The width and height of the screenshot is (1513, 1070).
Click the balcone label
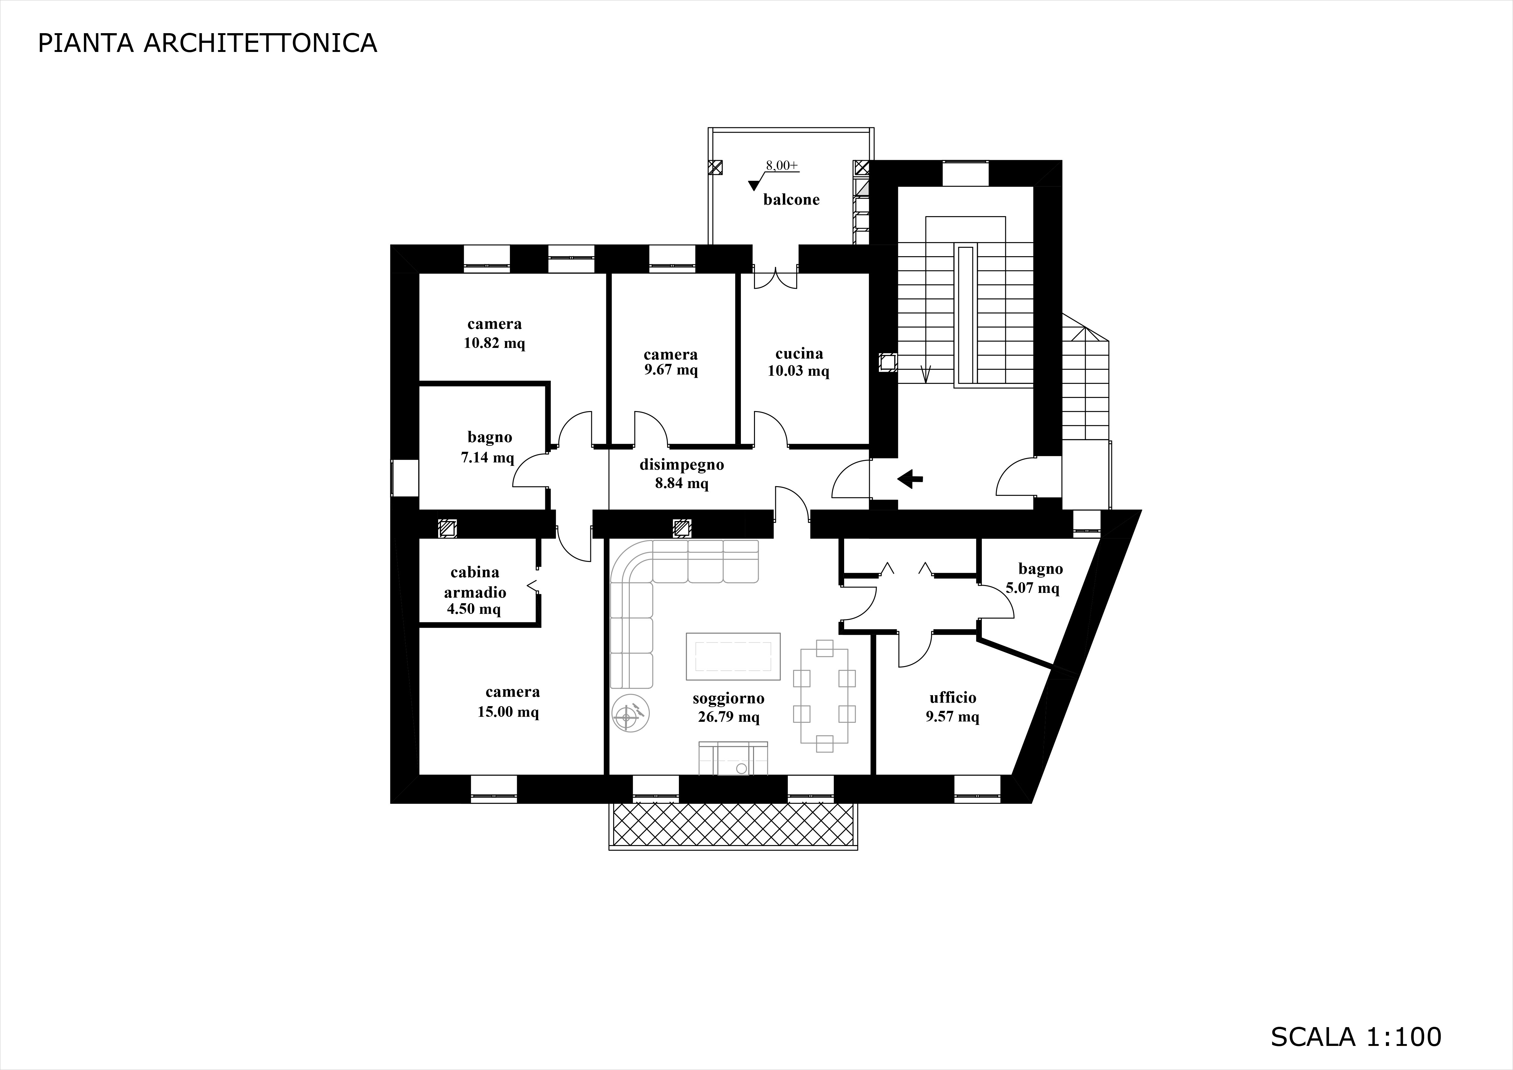792,200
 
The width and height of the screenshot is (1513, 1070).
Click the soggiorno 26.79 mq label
729,708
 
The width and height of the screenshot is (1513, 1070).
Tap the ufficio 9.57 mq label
953,707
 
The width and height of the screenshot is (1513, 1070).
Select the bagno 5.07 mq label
1034,578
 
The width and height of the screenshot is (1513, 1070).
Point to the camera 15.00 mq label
509,702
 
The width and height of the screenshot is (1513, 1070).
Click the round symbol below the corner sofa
631,713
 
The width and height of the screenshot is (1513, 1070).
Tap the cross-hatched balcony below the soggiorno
733,824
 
